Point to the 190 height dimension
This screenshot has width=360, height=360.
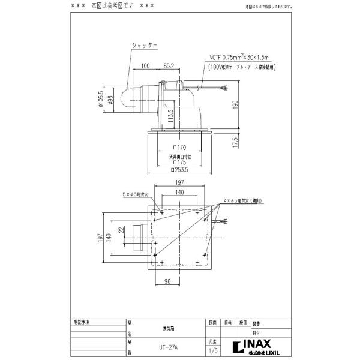(x=235, y=103)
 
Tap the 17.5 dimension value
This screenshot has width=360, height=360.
(x=235, y=142)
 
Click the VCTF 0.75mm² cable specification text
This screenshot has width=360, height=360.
(x=232, y=58)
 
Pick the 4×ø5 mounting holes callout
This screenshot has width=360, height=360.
(x=242, y=200)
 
